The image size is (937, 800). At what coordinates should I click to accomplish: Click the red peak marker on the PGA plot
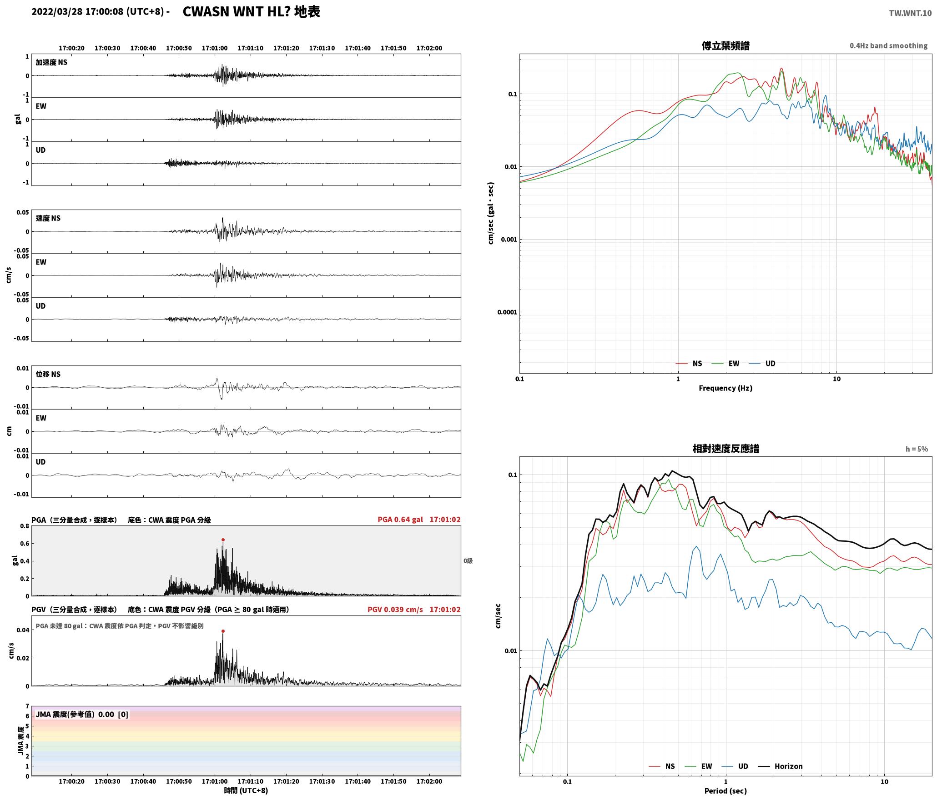223,540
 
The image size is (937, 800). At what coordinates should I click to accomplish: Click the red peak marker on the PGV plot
223,631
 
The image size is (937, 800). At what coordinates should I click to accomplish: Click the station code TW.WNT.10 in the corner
910,13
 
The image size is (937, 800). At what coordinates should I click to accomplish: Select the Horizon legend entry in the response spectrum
781,766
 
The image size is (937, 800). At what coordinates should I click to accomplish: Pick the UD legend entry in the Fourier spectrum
762,363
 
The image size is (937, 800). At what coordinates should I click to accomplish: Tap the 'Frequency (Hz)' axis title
725,388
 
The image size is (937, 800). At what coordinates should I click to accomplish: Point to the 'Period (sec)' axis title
725,790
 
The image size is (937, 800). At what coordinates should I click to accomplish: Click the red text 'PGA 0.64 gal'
400,519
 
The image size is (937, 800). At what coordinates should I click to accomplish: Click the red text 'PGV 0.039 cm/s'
395,609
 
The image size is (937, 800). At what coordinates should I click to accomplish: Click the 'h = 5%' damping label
917,449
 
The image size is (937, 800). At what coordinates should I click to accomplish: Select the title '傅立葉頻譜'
725,45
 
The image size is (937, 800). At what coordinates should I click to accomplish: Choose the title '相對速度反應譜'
725,448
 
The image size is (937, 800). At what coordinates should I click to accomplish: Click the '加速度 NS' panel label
51,62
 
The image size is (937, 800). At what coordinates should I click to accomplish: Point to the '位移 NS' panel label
48,374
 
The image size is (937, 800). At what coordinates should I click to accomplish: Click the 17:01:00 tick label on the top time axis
215,48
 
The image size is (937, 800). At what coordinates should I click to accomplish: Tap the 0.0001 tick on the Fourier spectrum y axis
506,312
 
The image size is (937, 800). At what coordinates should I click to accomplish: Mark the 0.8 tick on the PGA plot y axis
25,526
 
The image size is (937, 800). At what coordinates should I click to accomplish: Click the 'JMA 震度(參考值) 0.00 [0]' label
82,714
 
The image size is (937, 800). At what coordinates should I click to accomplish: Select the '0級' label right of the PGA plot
468,560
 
